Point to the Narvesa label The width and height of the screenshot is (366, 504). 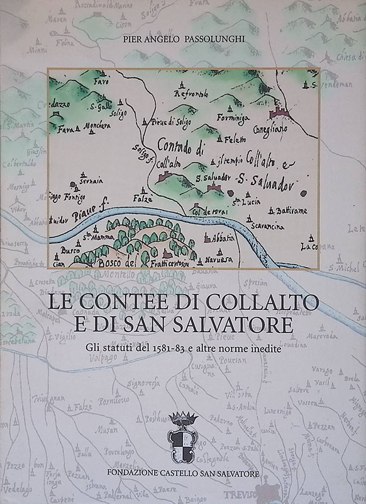point(215,260)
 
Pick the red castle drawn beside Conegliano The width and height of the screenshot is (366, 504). point(279,113)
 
